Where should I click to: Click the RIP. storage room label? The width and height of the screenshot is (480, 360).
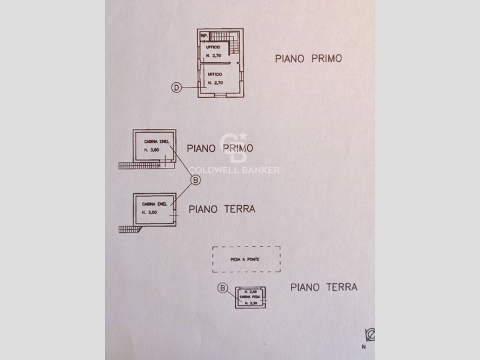204,36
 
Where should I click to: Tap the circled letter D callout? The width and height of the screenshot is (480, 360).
176,88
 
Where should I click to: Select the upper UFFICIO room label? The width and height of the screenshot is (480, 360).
214,47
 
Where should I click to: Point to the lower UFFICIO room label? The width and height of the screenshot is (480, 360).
214,74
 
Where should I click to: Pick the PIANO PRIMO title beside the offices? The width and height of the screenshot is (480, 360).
308,58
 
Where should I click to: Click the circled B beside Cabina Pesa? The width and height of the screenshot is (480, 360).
223,289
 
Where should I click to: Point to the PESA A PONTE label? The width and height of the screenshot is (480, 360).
247,260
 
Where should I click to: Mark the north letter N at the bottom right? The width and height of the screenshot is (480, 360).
362,347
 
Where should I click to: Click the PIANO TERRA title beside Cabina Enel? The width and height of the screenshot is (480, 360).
222,209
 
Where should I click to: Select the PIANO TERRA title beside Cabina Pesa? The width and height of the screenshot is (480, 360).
323,287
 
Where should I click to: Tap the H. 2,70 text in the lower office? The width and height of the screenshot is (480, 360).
214,82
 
